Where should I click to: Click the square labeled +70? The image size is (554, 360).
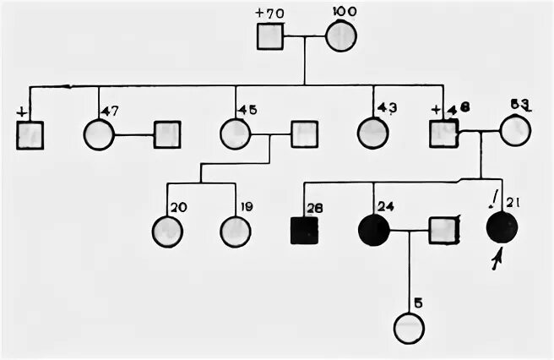tap(270, 36)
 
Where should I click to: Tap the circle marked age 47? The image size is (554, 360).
tap(99, 134)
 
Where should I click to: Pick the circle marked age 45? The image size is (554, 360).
tap(235, 134)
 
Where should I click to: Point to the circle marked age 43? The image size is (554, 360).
tap(372, 134)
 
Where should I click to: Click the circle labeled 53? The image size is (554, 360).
tap(515, 131)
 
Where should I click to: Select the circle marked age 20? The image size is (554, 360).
tap(168, 231)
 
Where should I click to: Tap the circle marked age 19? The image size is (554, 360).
tap(235, 231)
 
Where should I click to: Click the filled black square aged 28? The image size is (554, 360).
tap(304, 230)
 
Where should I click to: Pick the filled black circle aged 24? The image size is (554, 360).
tap(373, 230)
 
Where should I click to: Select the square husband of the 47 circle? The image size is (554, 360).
tap(167, 134)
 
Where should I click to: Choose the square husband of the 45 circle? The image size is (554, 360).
tap(304, 134)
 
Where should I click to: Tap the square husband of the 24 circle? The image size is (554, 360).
tap(443, 230)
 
